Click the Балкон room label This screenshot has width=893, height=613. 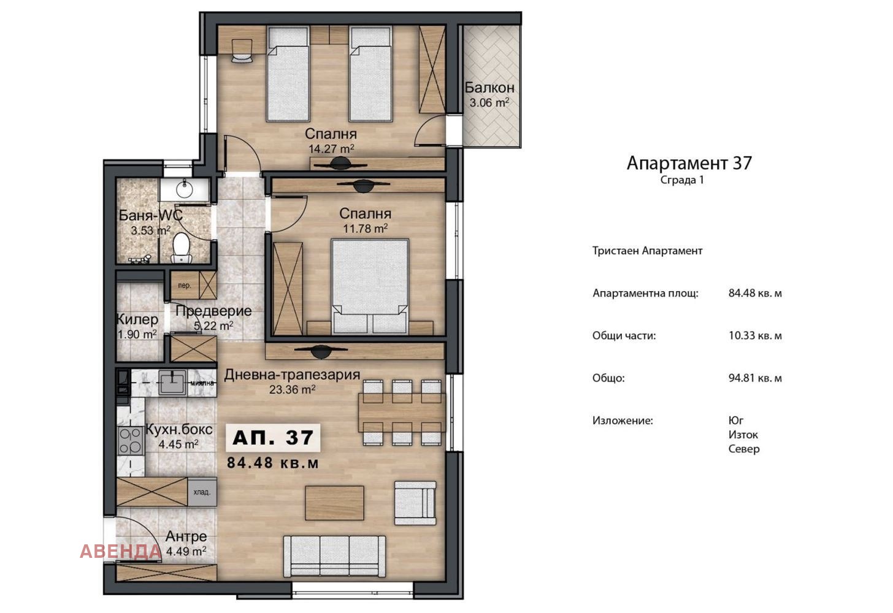point(489,87)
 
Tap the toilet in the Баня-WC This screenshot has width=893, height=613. point(182,248)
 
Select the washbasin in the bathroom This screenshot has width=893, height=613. point(185,189)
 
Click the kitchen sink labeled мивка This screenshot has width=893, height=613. point(172,383)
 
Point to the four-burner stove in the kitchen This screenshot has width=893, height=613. point(131,440)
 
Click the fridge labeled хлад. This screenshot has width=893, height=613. point(202,492)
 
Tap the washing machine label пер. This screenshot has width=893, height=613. point(184,286)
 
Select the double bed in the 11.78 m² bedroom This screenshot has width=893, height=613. point(370,286)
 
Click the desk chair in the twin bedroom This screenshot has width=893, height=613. point(242,51)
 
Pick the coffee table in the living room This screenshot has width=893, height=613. point(334,503)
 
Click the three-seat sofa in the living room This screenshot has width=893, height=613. point(334,556)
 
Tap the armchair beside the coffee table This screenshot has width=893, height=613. point(415,503)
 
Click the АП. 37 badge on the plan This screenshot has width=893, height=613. point(273,438)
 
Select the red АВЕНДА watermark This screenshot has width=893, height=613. point(120,551)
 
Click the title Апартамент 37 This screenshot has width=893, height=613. point(689,163)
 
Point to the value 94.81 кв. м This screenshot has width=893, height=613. point(755,378)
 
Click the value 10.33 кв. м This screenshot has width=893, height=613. point(755,335)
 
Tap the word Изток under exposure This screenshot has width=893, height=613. point(743,435)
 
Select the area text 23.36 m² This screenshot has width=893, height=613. point(292,389)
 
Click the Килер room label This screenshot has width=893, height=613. point(137,319)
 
